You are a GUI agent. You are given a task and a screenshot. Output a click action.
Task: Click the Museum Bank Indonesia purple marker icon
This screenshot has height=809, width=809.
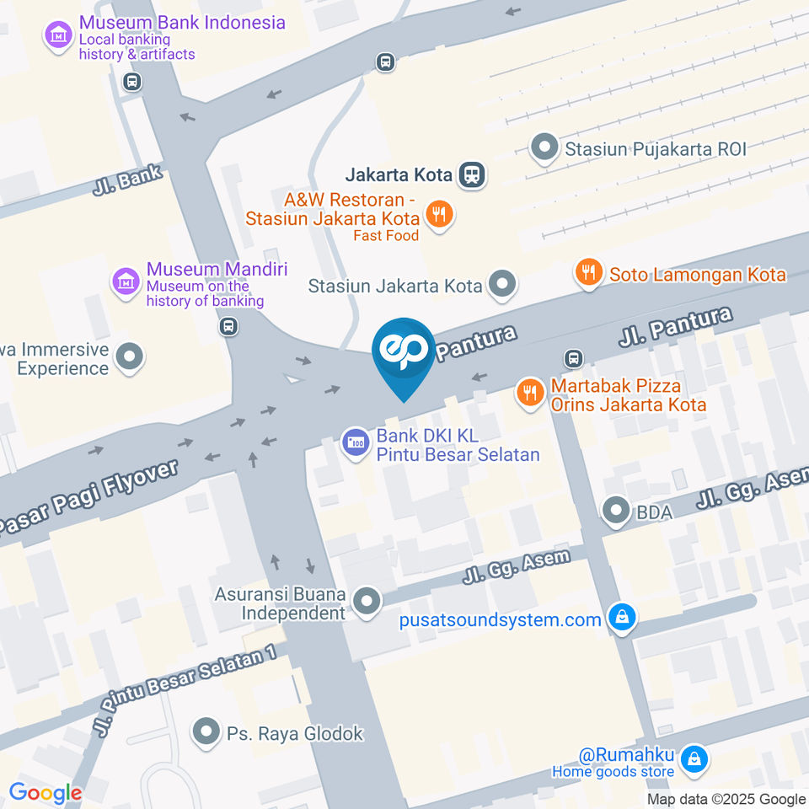click(x=58, y=36)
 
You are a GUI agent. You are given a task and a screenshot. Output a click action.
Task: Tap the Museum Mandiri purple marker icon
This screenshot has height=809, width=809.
click(x=126, y=282)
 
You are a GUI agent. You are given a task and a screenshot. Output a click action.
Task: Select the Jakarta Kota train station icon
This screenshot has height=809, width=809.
click(x=473, y=175)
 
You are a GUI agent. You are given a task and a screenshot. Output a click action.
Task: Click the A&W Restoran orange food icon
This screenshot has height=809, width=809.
click(x=437, y=214)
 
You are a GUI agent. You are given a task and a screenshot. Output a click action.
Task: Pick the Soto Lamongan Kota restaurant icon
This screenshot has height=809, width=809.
click(x=588, y=272)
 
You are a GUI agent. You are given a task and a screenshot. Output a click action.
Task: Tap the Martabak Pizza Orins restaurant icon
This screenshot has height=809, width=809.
click(x=529, y=391)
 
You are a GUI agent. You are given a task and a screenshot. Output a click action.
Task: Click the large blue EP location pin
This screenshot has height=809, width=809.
click(x=404, y=355)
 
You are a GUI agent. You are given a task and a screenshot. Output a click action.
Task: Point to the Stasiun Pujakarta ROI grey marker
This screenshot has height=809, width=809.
click(x=545, y=149)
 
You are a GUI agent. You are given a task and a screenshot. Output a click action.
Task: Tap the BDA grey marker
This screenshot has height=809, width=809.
click(x=616, y=510)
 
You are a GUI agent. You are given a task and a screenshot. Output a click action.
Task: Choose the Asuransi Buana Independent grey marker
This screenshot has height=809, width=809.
click(x=367, y=603)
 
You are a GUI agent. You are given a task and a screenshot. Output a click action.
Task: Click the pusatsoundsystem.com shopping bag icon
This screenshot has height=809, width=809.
click(x=622, y=619)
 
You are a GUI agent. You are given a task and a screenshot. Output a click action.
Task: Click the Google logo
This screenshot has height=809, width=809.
click(x=45, y=792)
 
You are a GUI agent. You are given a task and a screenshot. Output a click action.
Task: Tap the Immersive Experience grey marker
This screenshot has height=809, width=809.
click(x=130, y=357)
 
